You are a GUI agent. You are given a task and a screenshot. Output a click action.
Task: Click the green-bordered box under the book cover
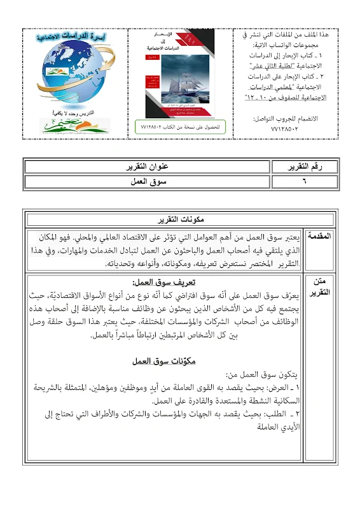(180, 127)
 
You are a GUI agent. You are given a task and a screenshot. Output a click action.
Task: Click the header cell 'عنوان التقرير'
(146, 167)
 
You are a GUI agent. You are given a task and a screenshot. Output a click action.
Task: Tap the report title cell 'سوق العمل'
(146, 181)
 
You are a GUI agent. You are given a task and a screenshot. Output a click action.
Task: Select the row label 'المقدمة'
(319, 237)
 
